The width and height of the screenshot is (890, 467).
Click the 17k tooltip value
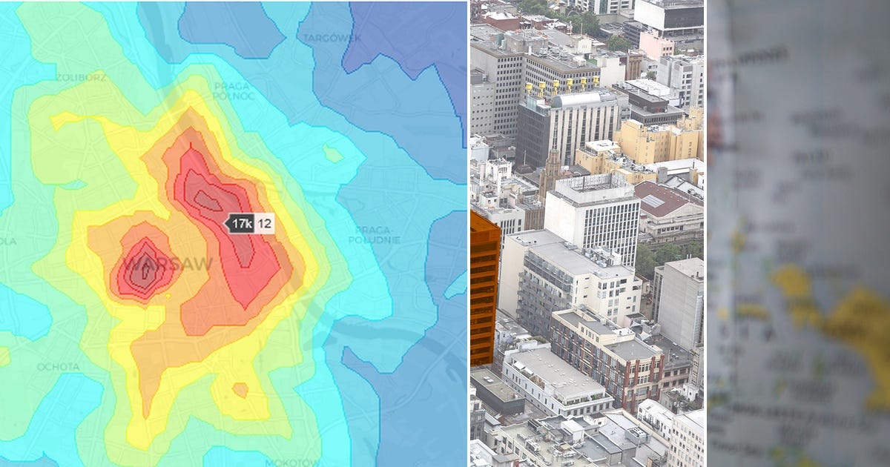(242, 223)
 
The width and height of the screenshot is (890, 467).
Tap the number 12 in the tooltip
(265, 223)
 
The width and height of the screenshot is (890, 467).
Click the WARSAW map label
(168, 264)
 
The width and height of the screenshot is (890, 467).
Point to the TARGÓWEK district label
(332, 38)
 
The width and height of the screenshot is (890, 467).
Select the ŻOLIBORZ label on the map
(82, 77)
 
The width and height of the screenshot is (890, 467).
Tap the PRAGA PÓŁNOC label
(233, 90)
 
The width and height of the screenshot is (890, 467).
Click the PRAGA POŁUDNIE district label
(378, 234)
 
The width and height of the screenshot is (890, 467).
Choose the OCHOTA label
(57, 366)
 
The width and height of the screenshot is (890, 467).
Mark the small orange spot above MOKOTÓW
(240, 389)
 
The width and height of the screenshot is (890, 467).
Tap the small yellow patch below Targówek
(332, 153)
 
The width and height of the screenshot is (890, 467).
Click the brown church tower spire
(552, 167)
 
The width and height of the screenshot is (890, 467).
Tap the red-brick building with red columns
(608, 356)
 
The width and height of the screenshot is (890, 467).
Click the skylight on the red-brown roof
(653, 200)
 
